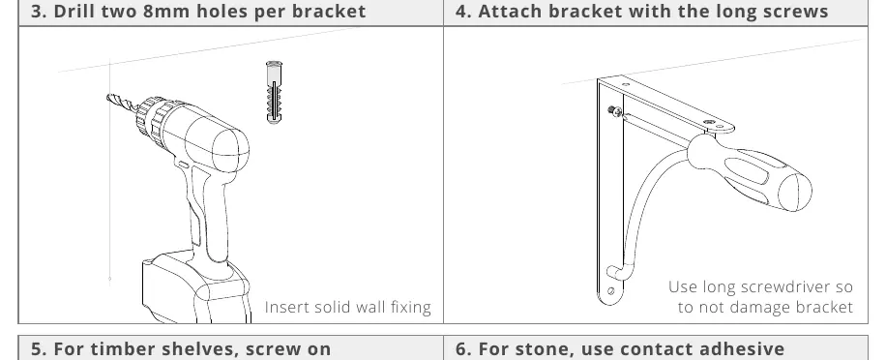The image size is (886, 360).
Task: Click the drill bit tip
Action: point(108,98)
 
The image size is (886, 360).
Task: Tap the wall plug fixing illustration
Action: point(274,92)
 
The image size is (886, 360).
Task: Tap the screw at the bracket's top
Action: point(615,111)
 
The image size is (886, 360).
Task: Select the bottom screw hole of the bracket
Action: point(611,291)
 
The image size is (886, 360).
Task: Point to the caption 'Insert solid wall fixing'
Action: point(348,307)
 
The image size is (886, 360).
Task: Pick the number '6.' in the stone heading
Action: point(463,348)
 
